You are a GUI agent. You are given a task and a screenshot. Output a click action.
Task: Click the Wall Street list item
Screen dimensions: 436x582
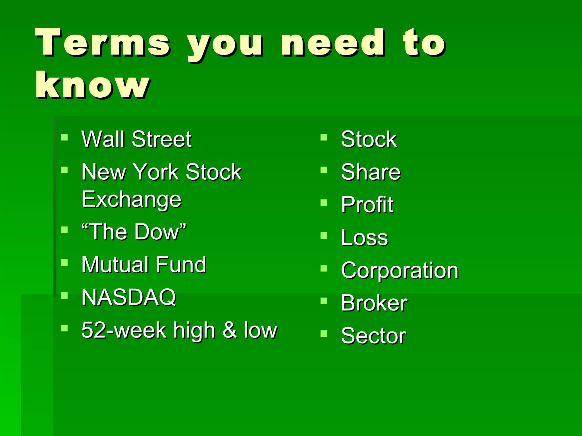coord(136,139)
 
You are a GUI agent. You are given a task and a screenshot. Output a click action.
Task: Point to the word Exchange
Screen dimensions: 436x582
coord(131,200)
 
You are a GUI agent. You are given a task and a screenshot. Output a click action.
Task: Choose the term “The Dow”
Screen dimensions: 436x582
coord(134,232)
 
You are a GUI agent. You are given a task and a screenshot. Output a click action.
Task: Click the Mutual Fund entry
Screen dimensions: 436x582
coord(144,265)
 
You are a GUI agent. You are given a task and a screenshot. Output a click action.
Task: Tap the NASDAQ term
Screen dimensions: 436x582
coord(129,297)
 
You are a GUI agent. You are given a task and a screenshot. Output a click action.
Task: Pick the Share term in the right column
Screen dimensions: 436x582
coord(371,172)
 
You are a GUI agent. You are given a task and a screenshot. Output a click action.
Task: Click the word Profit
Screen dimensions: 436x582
coord(367,205)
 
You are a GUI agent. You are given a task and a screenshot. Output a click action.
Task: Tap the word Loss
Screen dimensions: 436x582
coord(364,238)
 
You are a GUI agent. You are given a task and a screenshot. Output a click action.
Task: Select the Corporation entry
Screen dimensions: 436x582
coord(400,271)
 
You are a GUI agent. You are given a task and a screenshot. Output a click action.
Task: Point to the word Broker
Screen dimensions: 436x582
coord(374,303)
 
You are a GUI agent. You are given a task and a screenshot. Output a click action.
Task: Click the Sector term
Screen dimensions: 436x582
coord(373,336)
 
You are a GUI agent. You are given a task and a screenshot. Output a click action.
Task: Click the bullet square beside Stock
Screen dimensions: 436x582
coord(324,137)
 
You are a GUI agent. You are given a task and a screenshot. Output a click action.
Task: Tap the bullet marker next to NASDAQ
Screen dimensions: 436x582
coord(65,295)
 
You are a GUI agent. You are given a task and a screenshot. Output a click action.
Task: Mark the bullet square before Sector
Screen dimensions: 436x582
coord(324,334)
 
